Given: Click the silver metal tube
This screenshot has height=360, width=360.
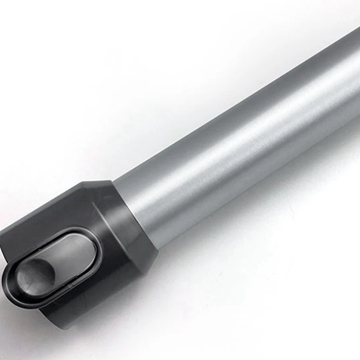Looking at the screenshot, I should click(x=238, y=148).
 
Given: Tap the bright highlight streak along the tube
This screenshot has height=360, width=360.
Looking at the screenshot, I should click(x=252, y=130).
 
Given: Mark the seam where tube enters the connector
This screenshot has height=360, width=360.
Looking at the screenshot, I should click(x=135, y=211).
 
